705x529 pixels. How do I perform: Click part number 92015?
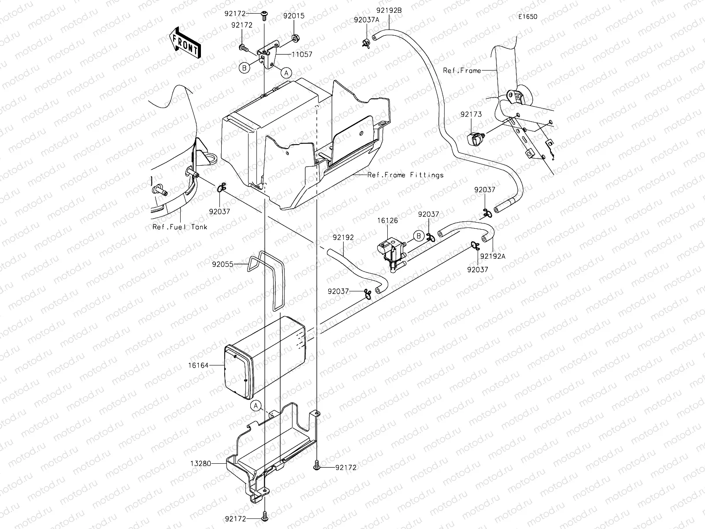294,16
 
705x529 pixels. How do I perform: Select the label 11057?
301,55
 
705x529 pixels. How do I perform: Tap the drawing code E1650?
528,17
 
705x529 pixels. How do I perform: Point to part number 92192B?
389,10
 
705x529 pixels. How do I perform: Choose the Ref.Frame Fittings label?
405,175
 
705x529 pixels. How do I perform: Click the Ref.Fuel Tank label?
180,227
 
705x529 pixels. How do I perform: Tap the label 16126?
387,220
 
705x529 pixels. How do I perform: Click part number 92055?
223,264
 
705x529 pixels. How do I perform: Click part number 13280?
200,463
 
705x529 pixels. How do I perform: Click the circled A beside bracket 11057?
286,73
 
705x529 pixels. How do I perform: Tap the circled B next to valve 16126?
419,236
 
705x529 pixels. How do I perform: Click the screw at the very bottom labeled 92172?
265,514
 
